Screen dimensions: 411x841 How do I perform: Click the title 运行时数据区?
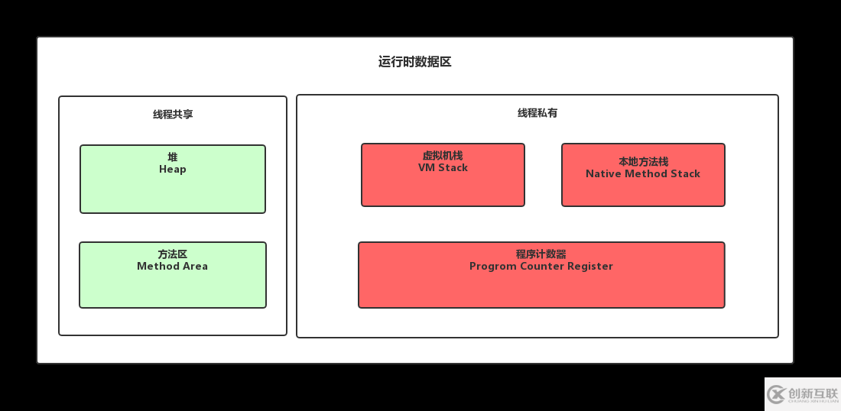(414, 62)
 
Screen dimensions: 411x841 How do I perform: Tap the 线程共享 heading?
(173, 115)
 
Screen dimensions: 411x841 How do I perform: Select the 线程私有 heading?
(537, 113)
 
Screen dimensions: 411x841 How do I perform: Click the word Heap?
(173, 170)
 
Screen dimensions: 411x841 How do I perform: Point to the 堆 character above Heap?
(173, 157)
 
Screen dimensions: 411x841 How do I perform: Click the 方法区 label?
(173, 254)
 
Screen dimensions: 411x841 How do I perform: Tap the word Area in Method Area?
(192, 267)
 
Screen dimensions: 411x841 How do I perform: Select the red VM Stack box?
(443, 188)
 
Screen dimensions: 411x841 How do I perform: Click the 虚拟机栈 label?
(443, 156)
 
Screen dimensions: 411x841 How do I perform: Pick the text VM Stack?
(443, 168)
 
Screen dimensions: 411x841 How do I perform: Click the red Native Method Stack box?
(643, 192)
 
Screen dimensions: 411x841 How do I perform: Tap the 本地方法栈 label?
(643, 162)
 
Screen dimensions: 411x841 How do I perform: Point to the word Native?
(604, 174)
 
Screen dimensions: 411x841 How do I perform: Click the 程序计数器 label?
(541, 254)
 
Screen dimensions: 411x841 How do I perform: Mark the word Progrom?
(493, 267)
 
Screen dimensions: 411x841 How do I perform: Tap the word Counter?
(541, 267)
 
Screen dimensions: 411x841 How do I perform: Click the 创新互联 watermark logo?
(802, 393)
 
